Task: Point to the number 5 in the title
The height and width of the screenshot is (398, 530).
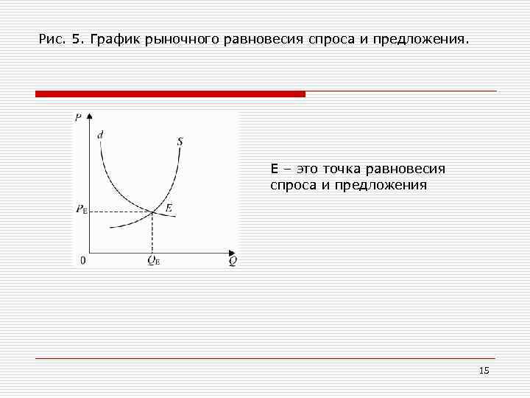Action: click(77, 38)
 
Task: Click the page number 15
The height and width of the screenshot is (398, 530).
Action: click(484, 371)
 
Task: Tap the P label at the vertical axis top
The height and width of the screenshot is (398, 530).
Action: click(78, 117)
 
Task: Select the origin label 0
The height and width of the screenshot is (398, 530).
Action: click(82, 260)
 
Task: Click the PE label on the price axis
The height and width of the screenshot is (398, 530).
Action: click(81, 209)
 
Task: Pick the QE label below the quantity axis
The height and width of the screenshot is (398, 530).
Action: click(153, 260)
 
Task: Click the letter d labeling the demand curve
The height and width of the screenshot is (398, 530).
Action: click(100, 134)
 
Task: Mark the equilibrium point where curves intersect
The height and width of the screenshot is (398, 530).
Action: click(152, 212)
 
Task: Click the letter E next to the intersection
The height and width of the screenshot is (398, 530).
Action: click(169, 209)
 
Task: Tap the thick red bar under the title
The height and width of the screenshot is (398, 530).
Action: click(170, 94)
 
